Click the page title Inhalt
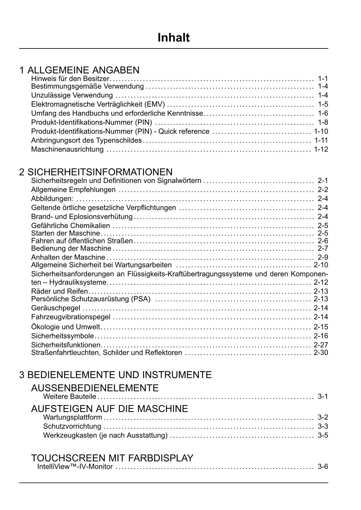click(x=174, y=38)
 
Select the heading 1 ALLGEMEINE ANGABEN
click(x=79, y=70)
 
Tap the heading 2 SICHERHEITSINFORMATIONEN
click(x=96, y=172)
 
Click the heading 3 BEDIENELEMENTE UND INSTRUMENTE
click(x=115, y=375)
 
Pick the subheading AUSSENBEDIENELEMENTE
click(x=95, y=388)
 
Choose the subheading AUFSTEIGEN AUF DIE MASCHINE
click(x=109, y=409)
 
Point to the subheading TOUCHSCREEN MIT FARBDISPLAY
click(x=112, y=458)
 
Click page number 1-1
click(x=323, y=79)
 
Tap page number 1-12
click(x=321, y=149)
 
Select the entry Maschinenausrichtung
click(x=67, y=149)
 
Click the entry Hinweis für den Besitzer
click(x=70, y=79)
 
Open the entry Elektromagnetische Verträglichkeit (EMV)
click(x=98, y=104)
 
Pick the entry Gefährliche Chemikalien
click(x=70, y=226)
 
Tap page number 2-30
click(x=321, y=353)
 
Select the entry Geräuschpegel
click(x=56, y=308)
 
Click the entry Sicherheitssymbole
click(x=63, y=336)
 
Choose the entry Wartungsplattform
click(x=72, y=418)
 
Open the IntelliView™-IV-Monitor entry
click(x=75, y=467)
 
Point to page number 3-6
click(x=323, y=467)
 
